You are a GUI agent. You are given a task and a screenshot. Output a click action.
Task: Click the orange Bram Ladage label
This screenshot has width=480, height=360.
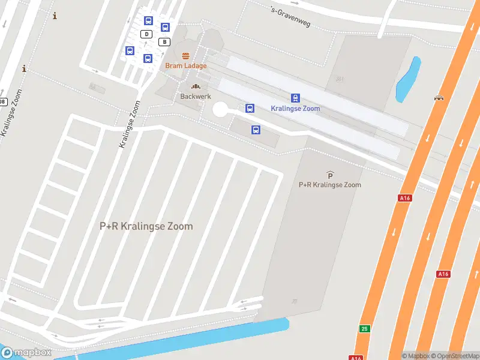pos(186,65)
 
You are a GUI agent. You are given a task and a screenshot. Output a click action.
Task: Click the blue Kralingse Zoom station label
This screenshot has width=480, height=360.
pos(295,109)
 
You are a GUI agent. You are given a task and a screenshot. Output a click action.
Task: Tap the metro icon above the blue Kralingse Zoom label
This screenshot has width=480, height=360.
pos(295,98)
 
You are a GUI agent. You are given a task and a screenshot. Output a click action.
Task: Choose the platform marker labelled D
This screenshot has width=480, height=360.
pos(146,34)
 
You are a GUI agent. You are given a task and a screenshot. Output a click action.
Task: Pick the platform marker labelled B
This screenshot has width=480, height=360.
pos(164,41)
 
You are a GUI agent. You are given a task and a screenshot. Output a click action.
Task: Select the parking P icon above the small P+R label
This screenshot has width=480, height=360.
pos(330,175)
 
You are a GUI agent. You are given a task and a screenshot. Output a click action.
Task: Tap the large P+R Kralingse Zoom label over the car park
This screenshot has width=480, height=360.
pos(146,226)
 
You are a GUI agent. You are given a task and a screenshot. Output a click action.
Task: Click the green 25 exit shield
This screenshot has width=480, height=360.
pos(364,329)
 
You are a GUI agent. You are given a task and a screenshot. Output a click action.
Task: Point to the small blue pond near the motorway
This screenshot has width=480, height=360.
pos(407,79)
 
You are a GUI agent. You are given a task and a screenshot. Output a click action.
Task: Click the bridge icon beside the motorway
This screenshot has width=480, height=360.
pos(439,97)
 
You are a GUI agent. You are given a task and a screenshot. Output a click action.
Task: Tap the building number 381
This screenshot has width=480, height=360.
pos(340,79)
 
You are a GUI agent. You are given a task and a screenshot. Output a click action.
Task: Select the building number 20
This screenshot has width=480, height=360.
pos(294,301)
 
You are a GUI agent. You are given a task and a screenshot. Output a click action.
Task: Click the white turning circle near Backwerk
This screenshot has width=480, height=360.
pos(220,109)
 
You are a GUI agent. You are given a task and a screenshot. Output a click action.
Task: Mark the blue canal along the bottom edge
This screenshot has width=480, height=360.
pos(180,338)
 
